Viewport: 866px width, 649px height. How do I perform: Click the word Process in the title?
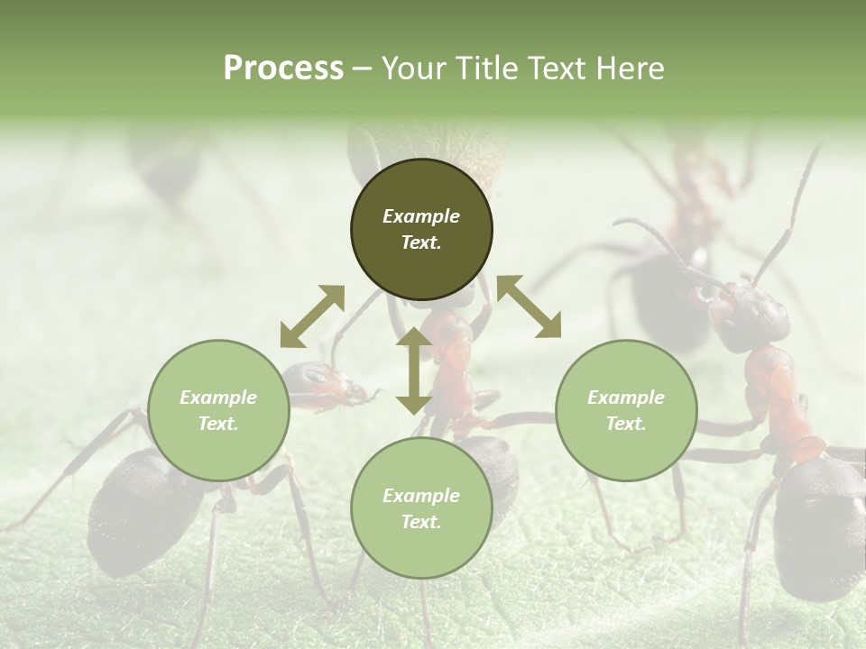tap(283, 69)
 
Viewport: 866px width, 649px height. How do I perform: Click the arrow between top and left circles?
tap(312, 315)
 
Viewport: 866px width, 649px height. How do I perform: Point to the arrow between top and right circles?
tap(529, 306)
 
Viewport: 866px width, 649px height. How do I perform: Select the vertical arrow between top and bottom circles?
tap(414, 370)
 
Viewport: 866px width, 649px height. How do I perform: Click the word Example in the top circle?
tap(421, 216)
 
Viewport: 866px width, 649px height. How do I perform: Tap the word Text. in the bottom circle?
tap(421, 522)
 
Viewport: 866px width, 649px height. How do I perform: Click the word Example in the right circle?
tap(626, 398)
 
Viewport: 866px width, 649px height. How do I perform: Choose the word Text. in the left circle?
tap(218, 424)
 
